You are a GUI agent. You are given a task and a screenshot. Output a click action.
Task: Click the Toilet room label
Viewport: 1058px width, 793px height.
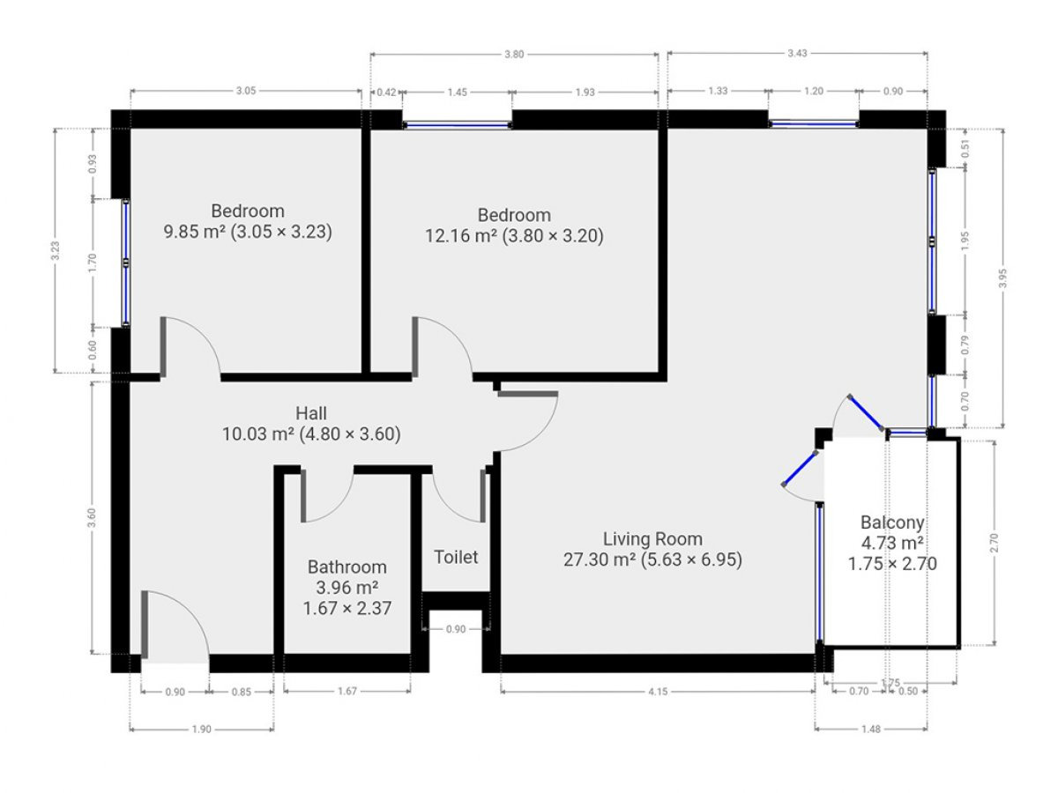coord(456,557)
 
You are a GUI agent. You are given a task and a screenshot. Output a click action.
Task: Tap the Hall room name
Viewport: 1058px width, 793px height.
coord(311,413)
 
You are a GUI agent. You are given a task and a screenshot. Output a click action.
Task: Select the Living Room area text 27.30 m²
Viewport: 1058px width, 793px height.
coord(600,560)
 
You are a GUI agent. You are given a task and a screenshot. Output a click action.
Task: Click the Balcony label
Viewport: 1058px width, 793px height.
coord(892,522)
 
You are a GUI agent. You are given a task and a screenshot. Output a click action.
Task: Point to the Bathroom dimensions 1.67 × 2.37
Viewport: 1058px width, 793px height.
coord(347,608)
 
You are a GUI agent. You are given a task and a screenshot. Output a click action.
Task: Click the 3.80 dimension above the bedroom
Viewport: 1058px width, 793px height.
coord(514,55)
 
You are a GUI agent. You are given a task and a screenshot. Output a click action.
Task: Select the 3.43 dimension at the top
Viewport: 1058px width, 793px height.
coord(797,54)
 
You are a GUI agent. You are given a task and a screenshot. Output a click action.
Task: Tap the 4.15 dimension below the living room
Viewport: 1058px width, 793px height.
coord(658,692)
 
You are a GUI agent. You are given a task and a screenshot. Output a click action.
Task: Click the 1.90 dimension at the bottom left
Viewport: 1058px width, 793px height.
coord(202,730)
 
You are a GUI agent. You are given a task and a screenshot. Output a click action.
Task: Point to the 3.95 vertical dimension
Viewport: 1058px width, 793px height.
coord(1003,278)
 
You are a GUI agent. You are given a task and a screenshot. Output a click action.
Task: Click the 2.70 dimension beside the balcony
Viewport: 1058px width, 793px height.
coord(995,543)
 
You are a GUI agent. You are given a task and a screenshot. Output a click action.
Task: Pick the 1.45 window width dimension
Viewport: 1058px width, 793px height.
coord(457,92)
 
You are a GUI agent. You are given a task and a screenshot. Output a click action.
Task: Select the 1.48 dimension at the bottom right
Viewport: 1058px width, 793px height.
coord(871,730)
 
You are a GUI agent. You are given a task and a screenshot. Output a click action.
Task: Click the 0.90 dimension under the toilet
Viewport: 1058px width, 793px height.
coord(456,629)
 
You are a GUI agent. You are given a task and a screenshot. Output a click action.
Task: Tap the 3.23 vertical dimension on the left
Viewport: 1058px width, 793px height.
coord(56,251)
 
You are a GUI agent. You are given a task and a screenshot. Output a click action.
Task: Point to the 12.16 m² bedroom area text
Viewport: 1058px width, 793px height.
coord(461,236)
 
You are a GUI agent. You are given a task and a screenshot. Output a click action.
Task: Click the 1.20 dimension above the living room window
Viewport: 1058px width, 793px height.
coord(814,91)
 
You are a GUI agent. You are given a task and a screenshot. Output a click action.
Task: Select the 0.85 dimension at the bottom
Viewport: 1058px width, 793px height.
coord(241,692)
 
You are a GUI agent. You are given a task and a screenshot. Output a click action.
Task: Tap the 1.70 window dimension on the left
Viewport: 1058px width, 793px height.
coord(93,263)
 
